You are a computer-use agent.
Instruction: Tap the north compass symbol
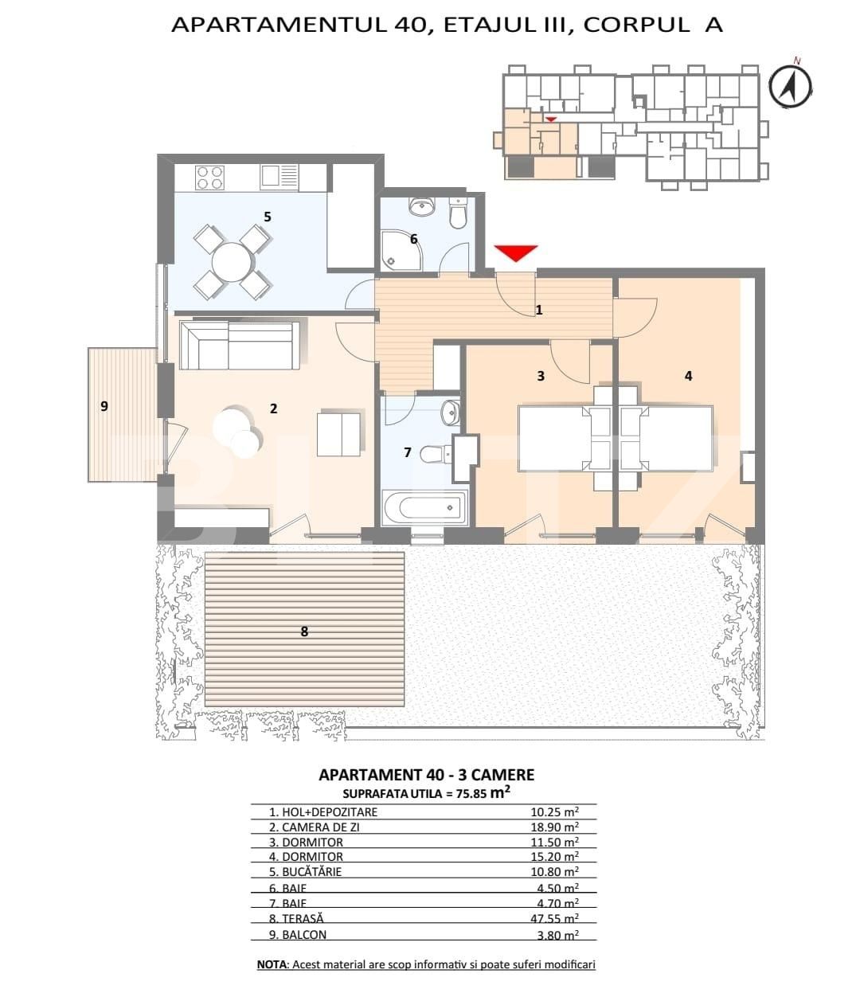[790, 84]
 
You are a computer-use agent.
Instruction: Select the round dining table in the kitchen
[232, 261]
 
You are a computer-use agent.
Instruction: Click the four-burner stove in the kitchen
[209, 177]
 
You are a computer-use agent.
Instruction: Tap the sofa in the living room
[240, 346]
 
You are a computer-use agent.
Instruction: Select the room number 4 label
[688, 376]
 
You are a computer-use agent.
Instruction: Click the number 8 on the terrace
[304, 631]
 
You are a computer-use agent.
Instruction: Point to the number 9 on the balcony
[104, 406]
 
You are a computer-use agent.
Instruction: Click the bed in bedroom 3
[554, 439]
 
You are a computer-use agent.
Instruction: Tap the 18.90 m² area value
[554, 827]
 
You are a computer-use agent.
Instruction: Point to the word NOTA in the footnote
[272, 964]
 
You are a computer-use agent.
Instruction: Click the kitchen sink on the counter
[279, 177]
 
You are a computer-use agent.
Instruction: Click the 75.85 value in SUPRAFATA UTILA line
[471, 794]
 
